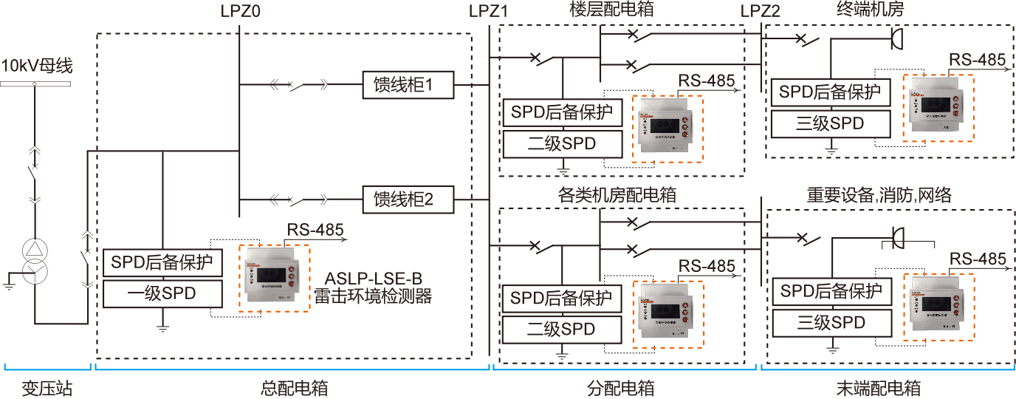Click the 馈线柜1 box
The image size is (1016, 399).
tap(408, 86)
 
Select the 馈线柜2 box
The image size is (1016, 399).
tap(408, 199)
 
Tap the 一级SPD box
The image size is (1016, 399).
tap(162, 293)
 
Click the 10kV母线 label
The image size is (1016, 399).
tap(37, 66)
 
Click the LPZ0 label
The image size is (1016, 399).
tap(241, 11)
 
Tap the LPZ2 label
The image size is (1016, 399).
tap(760, 11)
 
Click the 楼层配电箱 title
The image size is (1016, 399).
tap(612, 10)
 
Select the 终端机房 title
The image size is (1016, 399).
tap(870, 10)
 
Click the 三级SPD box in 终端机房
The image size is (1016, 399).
tap(830, 123)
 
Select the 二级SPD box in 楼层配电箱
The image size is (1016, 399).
tap(562, 144)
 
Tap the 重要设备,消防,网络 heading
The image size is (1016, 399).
tap(879, 195)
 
